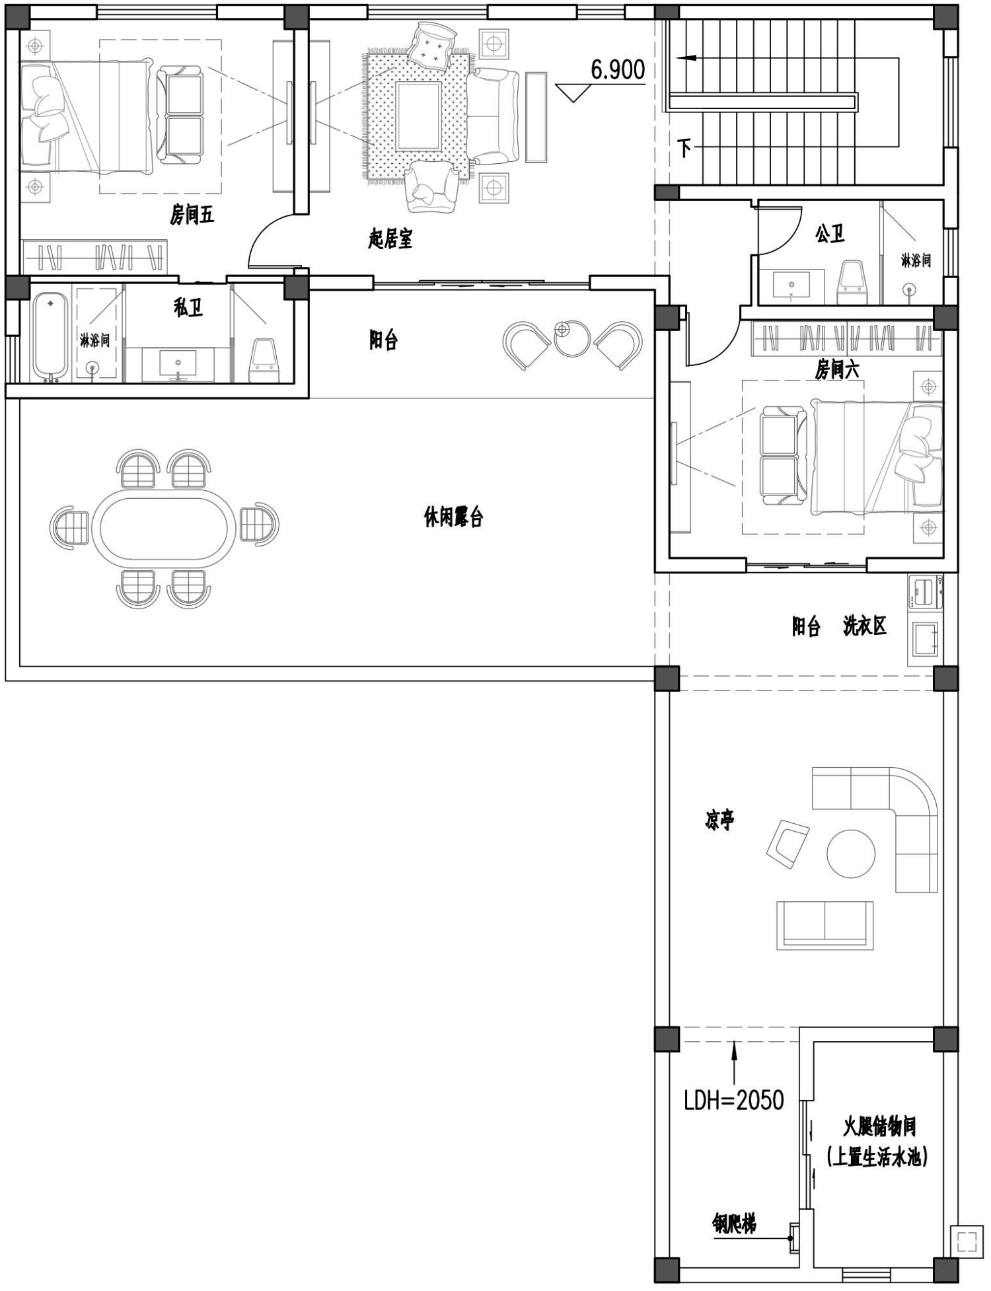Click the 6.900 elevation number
click(618, 70)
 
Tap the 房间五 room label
click(192, 215)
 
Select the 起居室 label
click(390, 239)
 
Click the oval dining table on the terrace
click(164, 527)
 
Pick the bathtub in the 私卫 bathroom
click(51, 335)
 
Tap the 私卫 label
click(188, 307)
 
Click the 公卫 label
click(830, 233)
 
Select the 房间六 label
click(837, 370)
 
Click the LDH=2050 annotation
click(734, 1100)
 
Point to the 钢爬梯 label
click(734, 1224)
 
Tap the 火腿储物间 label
click(879, 1126)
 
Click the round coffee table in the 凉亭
click(851, 853)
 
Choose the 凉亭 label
click(719, 821)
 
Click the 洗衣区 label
click(864, 626)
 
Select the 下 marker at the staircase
click(684, 147)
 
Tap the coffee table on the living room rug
click(418, 116)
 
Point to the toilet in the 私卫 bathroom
click(264, 360)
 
